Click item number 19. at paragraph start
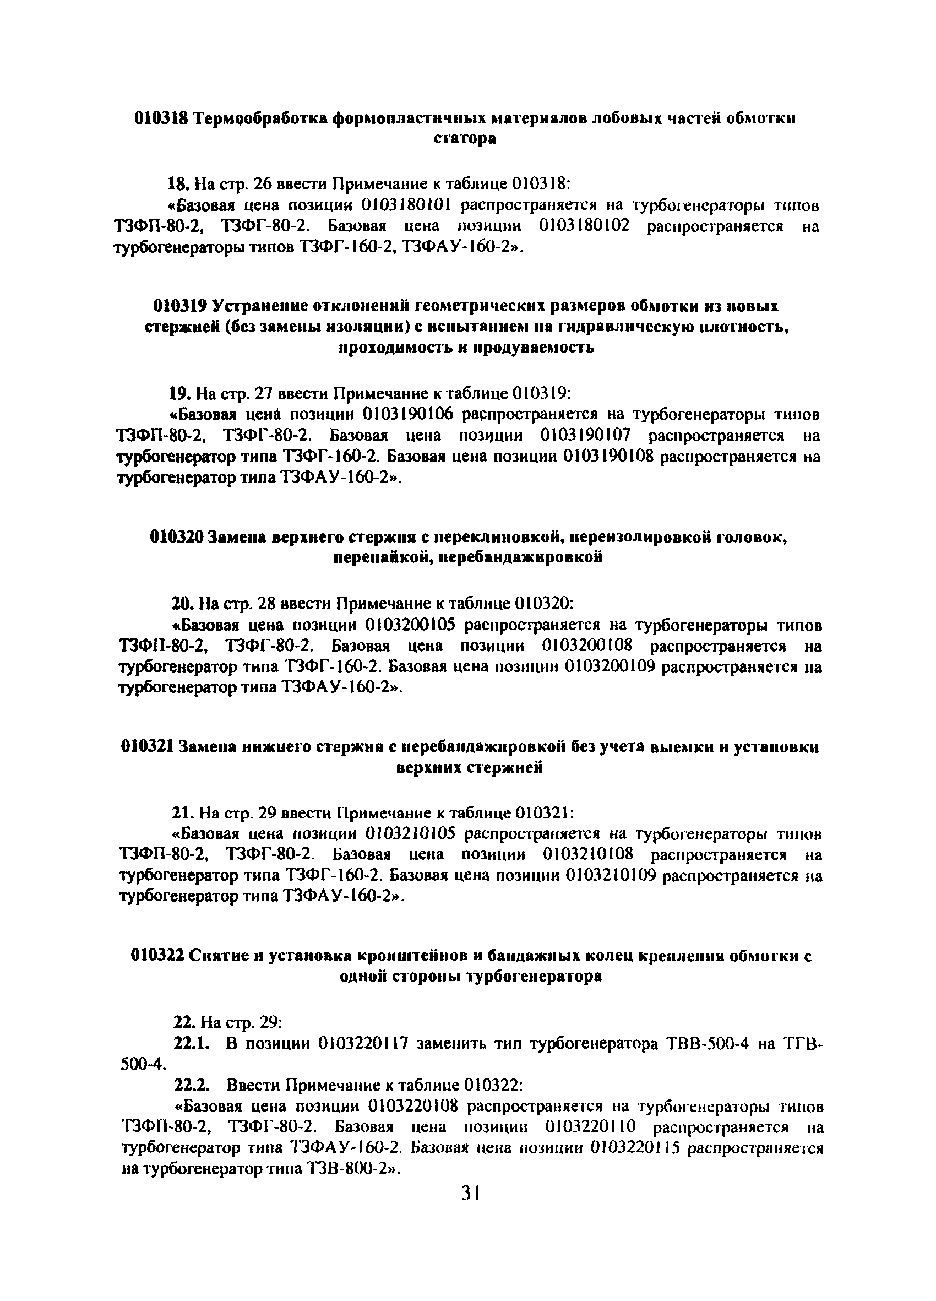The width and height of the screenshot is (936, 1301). point(179,393)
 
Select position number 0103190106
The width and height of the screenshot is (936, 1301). point(408,414)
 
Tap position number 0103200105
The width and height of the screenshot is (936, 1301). point(410,624)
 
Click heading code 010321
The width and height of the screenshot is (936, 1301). point(148,746)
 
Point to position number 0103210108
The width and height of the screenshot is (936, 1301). point(587,855)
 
